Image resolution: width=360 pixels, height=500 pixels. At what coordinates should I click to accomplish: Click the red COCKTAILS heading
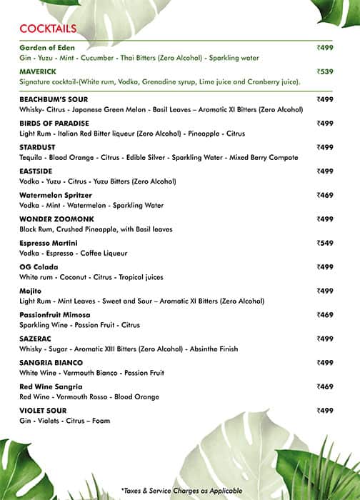(x=48, y=28)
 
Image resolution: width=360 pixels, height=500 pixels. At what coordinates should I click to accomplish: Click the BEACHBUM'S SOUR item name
(x=54, y=99)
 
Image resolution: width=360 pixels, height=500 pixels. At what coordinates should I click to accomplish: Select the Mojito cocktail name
(x=30, y=291)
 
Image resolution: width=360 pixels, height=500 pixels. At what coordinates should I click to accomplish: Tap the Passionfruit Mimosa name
(x=55, y=315)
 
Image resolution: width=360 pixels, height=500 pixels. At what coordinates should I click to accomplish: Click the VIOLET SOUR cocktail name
(x=44, y=411)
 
